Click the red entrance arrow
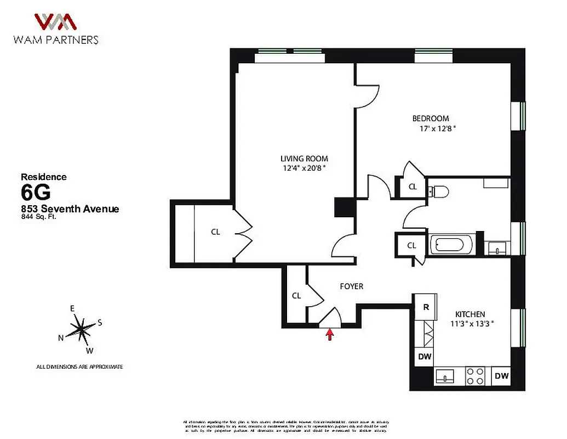coord(330,334)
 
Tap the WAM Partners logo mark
coord(55,22)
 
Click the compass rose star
coord(81,329)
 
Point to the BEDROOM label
coord(430,119)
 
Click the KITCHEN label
coord(470,314)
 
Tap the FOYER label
coord(351,286)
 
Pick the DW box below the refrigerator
coord(425,357)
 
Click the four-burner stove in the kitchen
coord(474,376)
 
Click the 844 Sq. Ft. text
coord(39,217)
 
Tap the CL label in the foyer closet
coord(296,296)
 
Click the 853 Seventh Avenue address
coord(70,209)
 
